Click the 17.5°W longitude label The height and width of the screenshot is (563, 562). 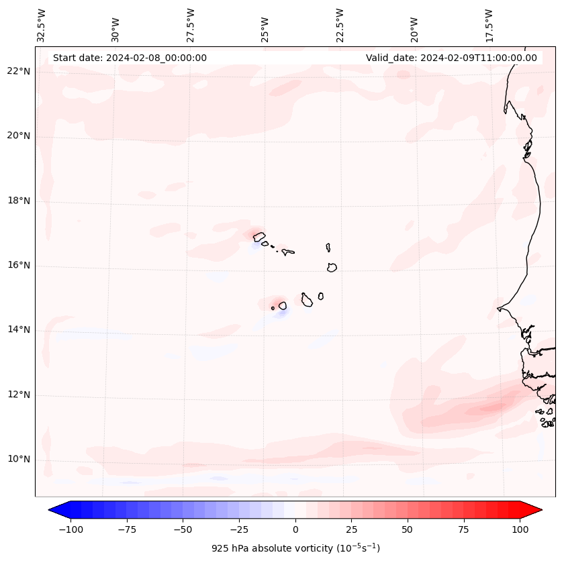coord(489,25)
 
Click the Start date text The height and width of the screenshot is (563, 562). coord(130,58)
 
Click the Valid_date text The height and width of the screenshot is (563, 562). coord(451,58)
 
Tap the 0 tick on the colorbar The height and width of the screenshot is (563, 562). coord(295,529)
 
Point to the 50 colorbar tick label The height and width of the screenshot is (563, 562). coord(408,529)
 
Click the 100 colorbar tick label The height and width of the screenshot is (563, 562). coord(519,529)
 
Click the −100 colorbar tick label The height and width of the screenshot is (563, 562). coord(71,529)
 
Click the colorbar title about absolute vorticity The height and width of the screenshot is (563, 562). coord(295,548)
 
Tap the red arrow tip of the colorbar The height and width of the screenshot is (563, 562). coord(538,510)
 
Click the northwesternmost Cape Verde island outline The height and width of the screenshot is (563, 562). coord(259,236)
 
